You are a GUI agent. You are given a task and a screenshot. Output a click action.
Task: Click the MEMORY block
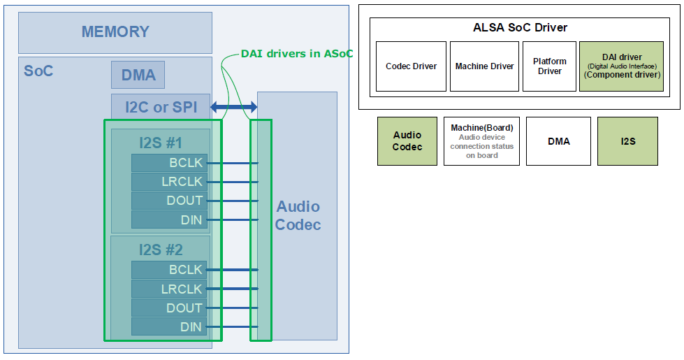pyautogui.click(x=115, y=32)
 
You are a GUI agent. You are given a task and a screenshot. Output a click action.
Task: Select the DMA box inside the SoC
pyautogui.click(x=138, y=75)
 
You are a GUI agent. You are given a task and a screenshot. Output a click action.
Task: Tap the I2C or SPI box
pyautogui.click(x=161, y=108)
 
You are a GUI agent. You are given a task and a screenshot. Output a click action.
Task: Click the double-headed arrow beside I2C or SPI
pyautogui.click(x=234, y=108)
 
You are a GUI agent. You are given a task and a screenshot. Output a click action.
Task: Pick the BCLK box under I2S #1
pyautogui.click(x=169, y=163)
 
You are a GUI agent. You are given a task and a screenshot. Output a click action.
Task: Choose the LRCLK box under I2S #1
pyautogui.click(x=169, y=182)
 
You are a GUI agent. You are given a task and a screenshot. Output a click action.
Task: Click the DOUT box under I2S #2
pyautogui.click(x=169, y=308)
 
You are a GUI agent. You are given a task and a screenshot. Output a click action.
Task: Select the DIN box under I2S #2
pyautogui.click(x=169, y=327)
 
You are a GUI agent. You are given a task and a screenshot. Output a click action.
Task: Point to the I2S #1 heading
pyautogui.click(x=161, y=143)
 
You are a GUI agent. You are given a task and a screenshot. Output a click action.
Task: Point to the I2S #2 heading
pyautogui.click(x=161, y=250)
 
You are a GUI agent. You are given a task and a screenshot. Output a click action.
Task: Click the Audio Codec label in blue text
pyautogui.click(x=298, y=215)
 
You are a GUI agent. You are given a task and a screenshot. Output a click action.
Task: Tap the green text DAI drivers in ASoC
pyautogui.click(x=297, y=54)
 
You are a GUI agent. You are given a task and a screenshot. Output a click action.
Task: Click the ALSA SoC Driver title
pyautogui.click(x=520, y=28)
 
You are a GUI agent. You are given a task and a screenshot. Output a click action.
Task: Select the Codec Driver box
pyautogui.click(x=411, y=66)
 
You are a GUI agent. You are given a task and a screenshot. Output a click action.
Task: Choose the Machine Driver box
pyautogui.click(x=484, y=66)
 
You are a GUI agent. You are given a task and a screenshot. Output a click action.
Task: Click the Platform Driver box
pyautogui.click(x=550, y=66)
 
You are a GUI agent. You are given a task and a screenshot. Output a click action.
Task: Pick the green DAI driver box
pyautogui.click(x=621, y=66)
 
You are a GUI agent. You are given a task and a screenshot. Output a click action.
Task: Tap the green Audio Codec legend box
pyautogui.click(x=407, y=141)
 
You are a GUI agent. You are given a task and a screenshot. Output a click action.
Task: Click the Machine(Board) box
pyautogui.click(x=481, y=141)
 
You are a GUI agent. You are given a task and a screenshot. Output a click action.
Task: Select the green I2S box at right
pyautogui.click(x=627, y=141)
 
